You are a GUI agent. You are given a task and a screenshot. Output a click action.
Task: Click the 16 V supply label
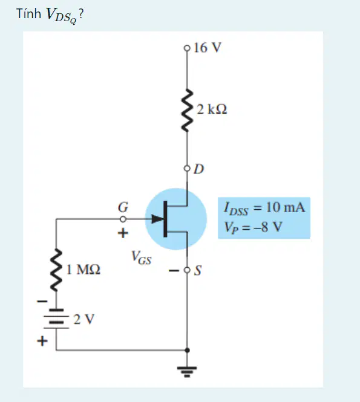coord(208,48)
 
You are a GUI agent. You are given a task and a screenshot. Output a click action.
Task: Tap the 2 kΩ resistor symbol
coord(188,111)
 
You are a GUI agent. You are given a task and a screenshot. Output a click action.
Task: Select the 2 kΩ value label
coord(212,109)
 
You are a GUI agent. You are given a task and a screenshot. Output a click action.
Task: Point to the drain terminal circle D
coord(188,169)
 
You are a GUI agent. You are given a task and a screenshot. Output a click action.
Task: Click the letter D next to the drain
coord(199,169)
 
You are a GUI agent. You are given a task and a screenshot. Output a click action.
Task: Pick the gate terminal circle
coord(123,219)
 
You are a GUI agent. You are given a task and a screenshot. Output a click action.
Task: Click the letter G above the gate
coord(123,207)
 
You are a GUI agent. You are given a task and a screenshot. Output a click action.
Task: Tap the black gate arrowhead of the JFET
coord(157,219)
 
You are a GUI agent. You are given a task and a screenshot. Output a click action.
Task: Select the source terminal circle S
coord(188,270)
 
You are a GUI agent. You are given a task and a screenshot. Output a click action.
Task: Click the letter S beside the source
coord(198,270)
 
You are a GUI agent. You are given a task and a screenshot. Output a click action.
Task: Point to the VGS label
coord(141,257)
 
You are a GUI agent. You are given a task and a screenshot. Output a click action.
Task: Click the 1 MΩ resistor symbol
coord(56,270)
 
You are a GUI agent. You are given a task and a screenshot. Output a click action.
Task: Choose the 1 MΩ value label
coord(83,270)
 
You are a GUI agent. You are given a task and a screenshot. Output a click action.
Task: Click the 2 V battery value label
coord(84,319)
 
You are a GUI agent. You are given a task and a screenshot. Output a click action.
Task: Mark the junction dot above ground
coord(188,350)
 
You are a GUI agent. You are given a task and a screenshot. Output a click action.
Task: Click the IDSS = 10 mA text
coord(264,208)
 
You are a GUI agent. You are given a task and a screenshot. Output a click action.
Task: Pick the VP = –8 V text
coord(254,227)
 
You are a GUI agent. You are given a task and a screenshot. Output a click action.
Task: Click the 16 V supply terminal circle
coord(188,48)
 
